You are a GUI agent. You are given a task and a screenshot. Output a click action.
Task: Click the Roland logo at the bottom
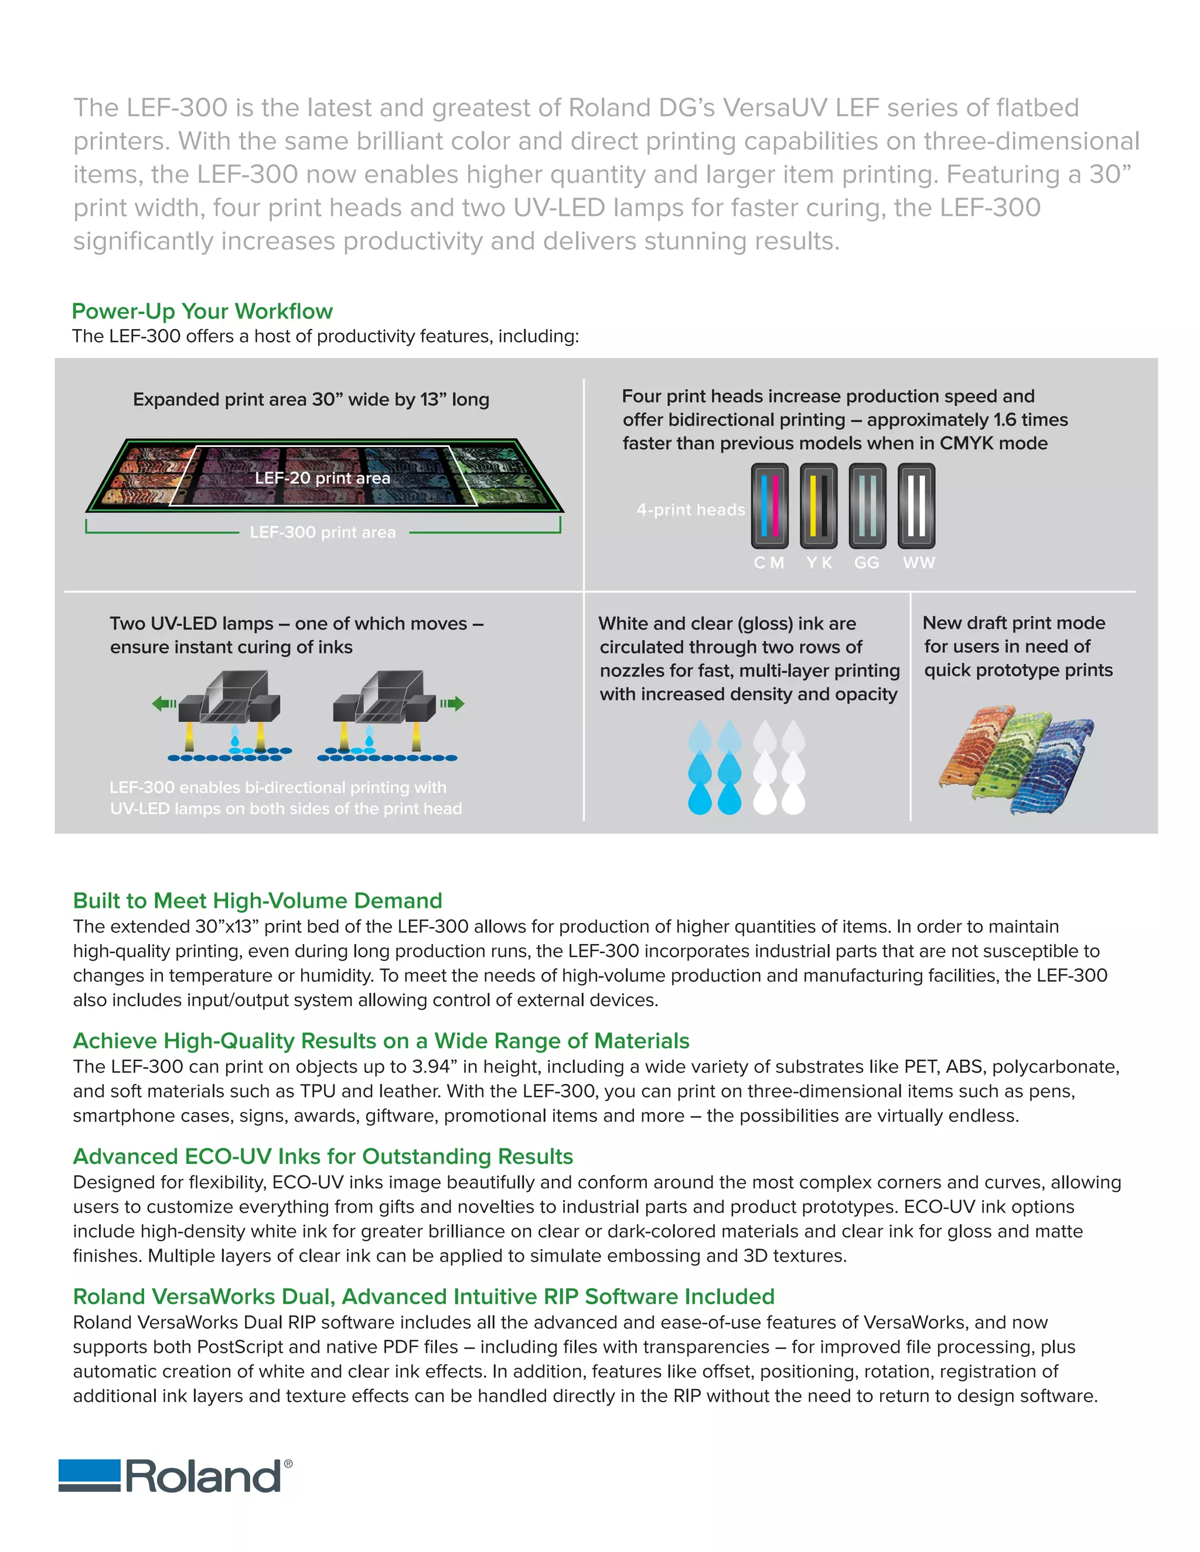point(174,1476)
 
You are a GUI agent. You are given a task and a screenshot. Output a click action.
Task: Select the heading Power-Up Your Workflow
point(202,311)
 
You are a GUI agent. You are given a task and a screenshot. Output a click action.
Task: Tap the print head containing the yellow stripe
point(818,506)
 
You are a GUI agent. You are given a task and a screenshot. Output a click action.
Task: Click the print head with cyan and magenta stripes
point(769,506)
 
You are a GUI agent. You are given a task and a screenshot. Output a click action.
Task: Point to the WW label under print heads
point(919,563)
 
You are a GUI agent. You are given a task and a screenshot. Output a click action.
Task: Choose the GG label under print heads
point(867,563)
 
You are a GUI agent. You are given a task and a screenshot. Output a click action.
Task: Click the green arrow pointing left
point(164,704)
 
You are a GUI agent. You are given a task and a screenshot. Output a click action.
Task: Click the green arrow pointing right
point(452,704)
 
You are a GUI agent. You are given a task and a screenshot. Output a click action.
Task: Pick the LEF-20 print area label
point(322,478)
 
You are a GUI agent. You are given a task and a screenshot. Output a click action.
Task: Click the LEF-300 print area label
point(323,532)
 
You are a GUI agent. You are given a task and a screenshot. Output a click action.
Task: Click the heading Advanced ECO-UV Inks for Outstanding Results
point(323,1156)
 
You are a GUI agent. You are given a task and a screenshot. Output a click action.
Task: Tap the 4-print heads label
point(690,510)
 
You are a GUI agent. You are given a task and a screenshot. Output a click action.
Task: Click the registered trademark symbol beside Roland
point(288,1464)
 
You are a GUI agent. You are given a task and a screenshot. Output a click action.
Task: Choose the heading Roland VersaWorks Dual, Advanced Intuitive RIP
point(424,1296)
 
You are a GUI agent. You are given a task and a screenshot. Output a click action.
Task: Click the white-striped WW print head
point(916,506)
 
